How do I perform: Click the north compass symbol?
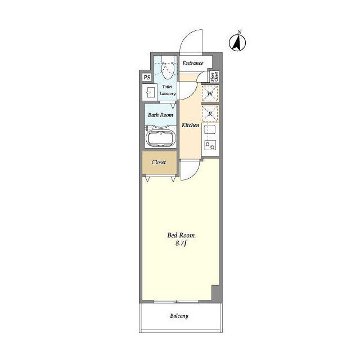coord(237,42)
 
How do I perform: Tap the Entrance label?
coord(193,64)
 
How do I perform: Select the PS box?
coord(147,78)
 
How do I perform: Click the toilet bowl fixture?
coord(167,69)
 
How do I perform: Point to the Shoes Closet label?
coord(214,76)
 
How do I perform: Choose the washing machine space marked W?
coord(210,93)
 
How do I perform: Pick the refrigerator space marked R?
coord(210,114)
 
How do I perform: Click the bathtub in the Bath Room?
coord(160,138)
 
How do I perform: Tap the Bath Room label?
coord(160,115)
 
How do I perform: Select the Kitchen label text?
coord(190,125)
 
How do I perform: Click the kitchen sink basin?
coord(210,129)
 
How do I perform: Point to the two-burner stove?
coord(210,145)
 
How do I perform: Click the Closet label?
coord(159,163)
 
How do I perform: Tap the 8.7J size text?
coord(181,244)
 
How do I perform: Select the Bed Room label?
coord(181,235)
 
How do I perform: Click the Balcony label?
coord(179,316)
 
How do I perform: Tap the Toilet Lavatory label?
coord(168,90)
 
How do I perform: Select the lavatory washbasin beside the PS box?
coord(149,92)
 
